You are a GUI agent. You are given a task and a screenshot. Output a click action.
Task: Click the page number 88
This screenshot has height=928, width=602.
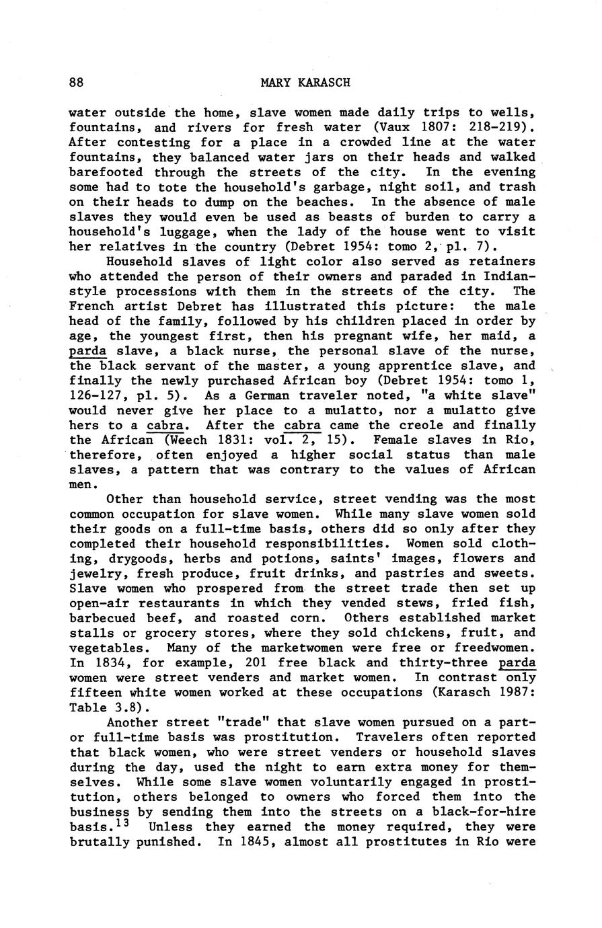tap(76, 83)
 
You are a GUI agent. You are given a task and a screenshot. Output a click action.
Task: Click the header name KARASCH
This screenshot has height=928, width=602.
tap(322, 83)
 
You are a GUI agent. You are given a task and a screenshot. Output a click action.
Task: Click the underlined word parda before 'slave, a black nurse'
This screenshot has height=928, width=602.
tap(88, 350)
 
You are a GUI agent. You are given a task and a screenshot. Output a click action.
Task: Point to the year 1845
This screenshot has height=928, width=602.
tap(253, 841)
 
